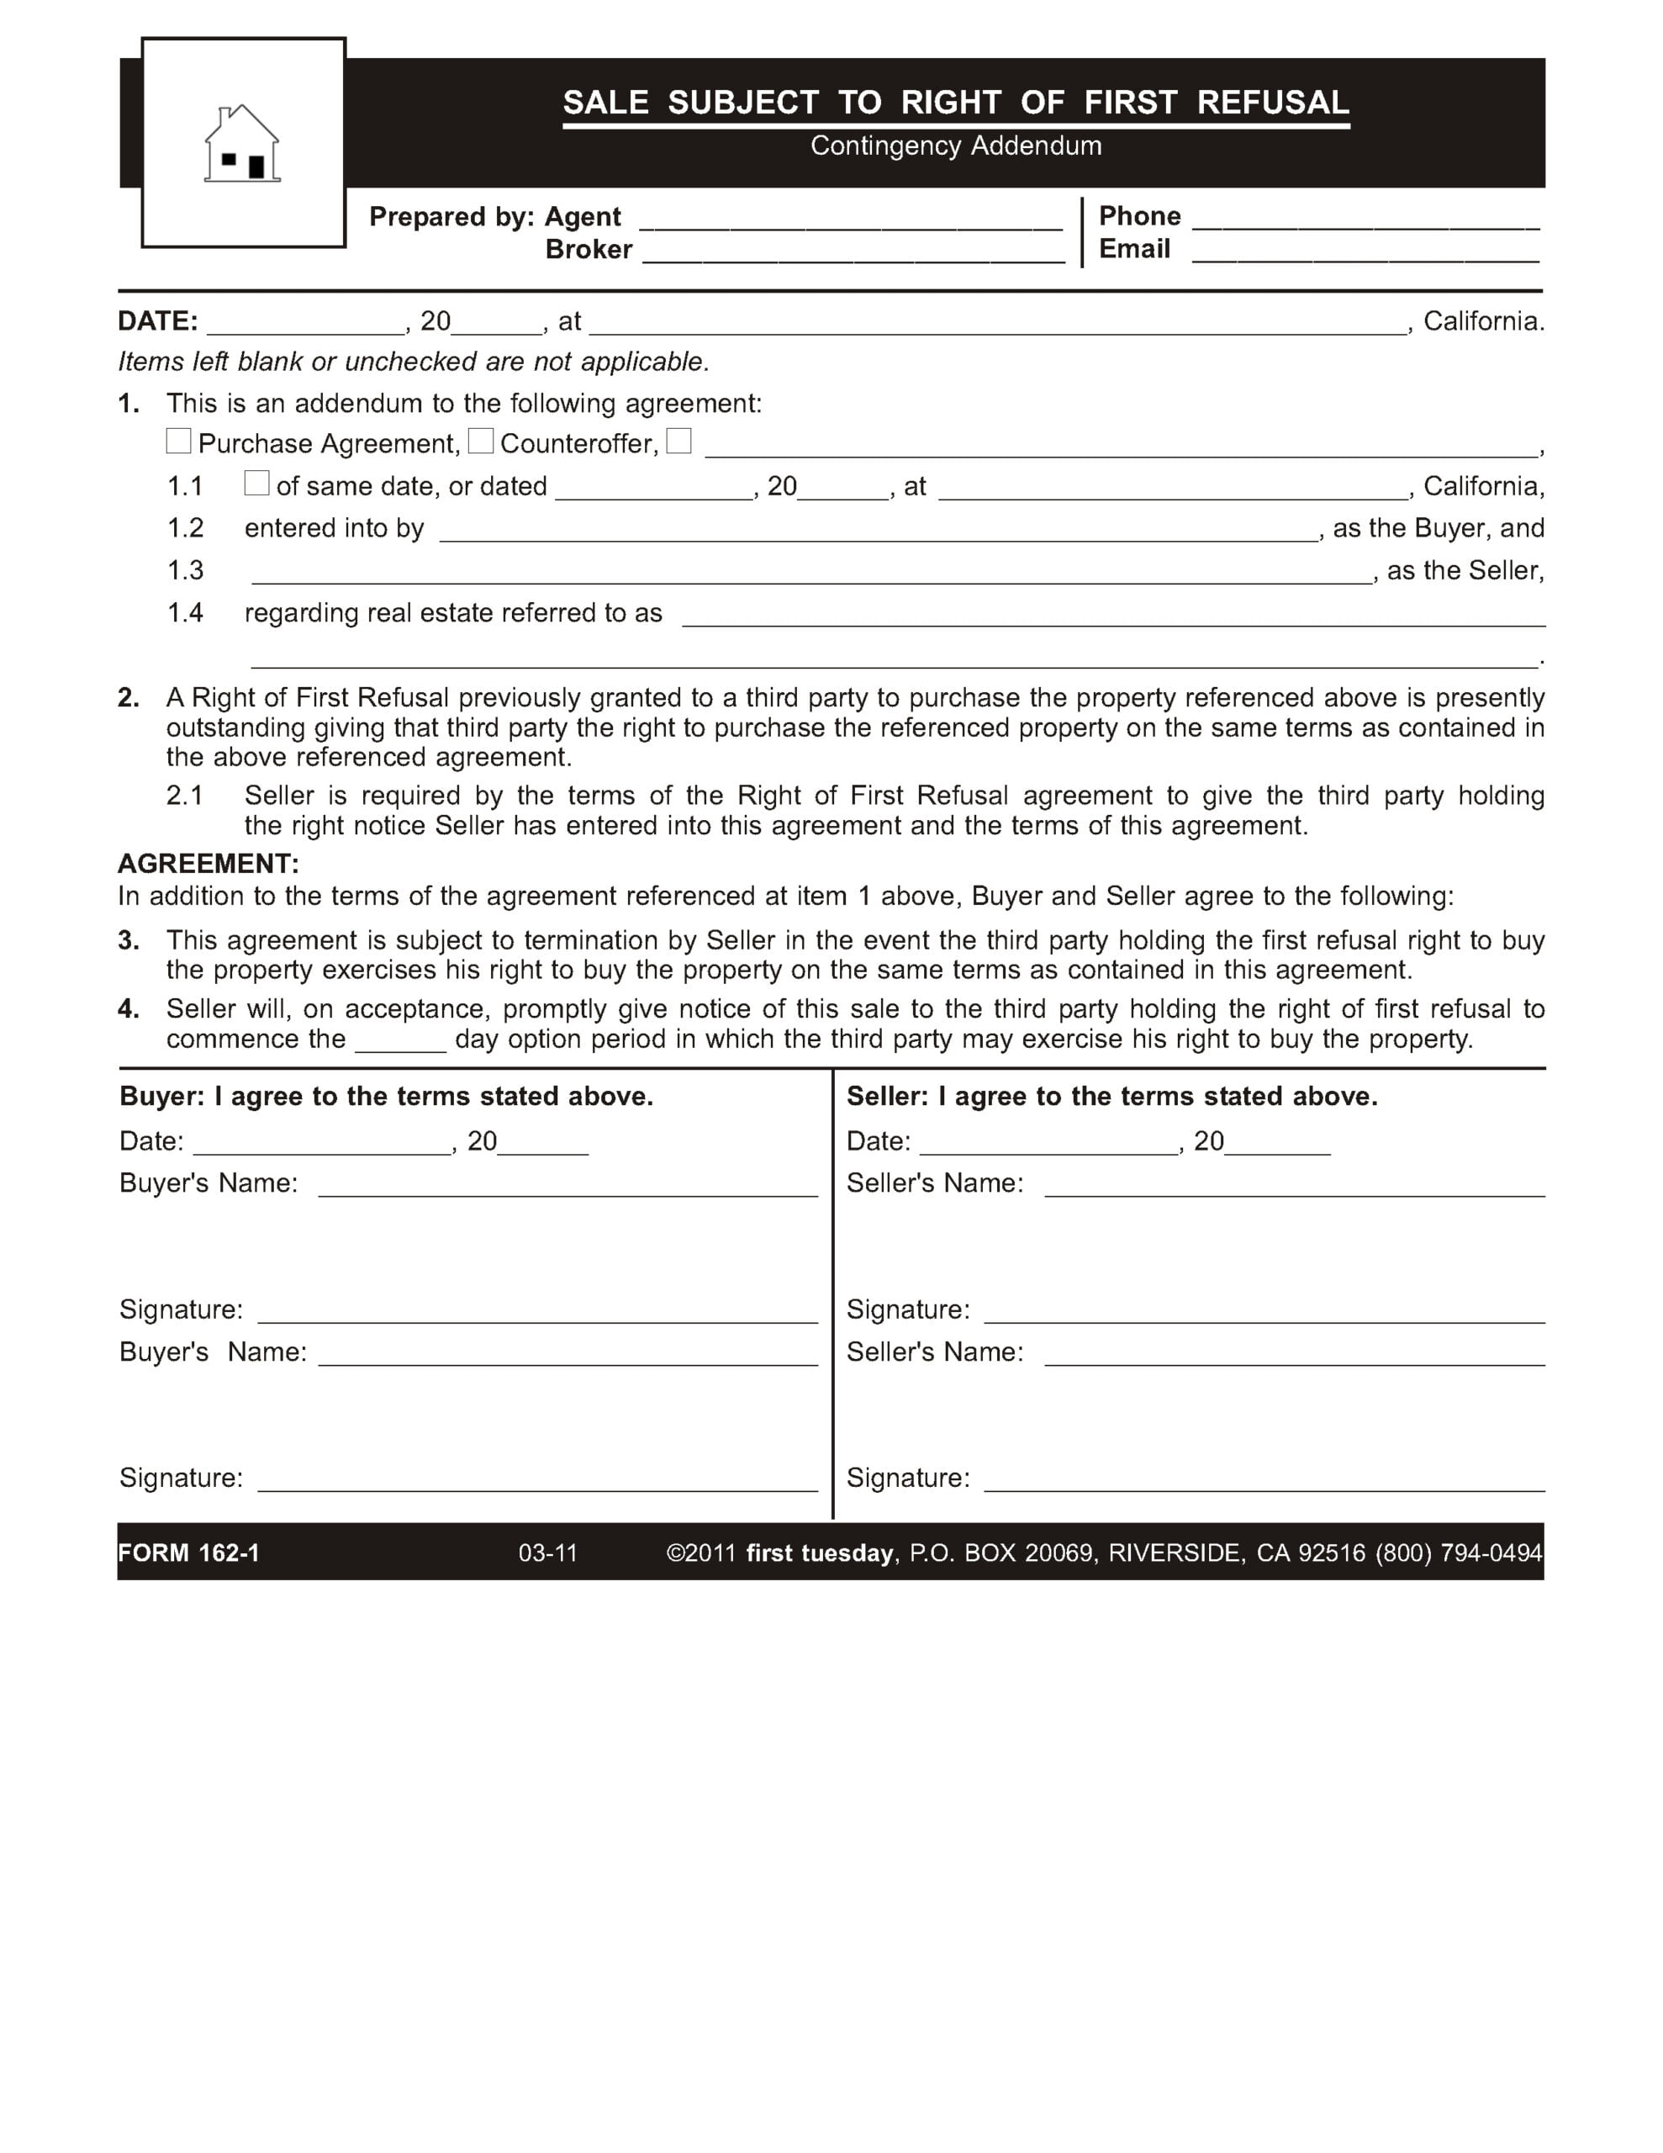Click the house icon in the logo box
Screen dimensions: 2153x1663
coord(242,144)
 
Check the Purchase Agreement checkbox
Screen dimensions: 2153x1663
coord(178,441)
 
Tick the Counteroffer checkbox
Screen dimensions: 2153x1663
coord(480,441)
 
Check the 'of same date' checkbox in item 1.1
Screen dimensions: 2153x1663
coord(256,483)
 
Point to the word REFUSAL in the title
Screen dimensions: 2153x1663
coord(1273,103)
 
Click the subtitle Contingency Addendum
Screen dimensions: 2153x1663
coord(955,145)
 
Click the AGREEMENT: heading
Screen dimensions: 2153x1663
coord(208,864)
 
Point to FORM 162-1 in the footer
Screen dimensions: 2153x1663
coord(188,1553)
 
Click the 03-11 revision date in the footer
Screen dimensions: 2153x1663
coord(547,1553)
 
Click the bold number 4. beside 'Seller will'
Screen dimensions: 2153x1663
coord(128,1008)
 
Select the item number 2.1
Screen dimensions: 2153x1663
coord(184,796)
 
